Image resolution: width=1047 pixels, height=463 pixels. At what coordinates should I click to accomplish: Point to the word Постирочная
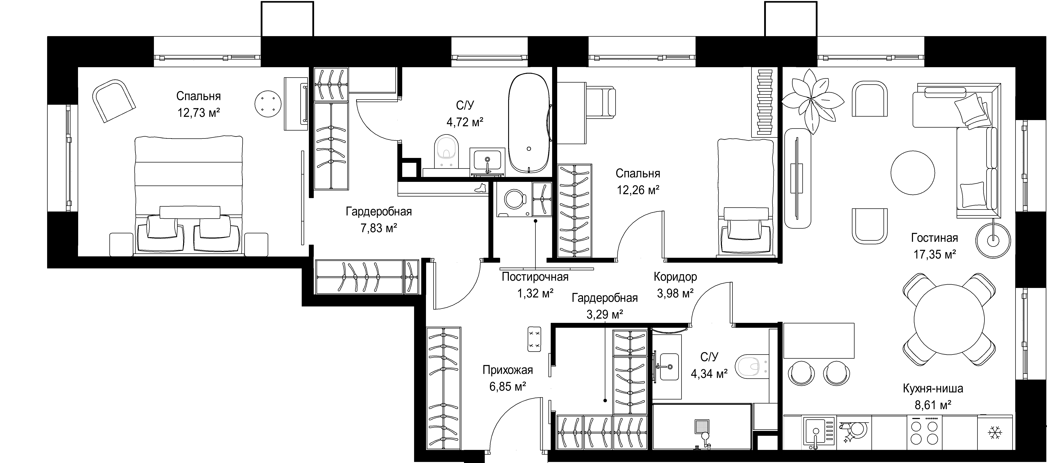click(x=535, y=277)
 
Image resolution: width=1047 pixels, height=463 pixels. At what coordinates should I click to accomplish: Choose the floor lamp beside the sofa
click(x=993, y=241)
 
